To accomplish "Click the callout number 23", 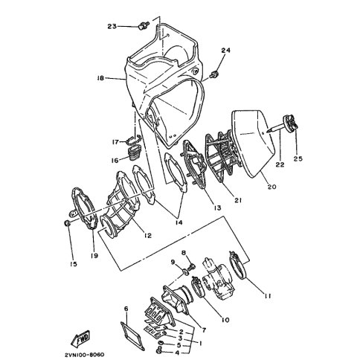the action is click(112, 26).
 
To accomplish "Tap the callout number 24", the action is click(226, 51).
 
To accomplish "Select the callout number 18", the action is click(100, 79).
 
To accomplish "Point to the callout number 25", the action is click(298, 158).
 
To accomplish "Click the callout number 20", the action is click(271, 187).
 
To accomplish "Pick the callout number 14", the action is click(179, 222).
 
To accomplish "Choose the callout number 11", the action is click(267, 296).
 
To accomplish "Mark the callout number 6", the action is click(126, 309).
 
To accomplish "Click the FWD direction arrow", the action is click(80, 338).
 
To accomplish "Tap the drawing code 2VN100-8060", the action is click(85, 354).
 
